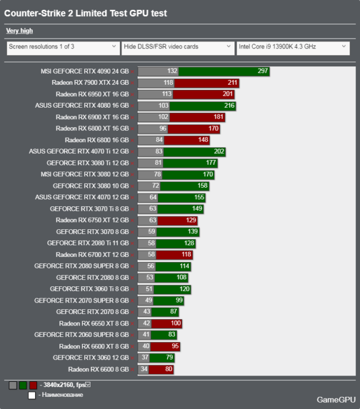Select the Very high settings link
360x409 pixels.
(19, 31)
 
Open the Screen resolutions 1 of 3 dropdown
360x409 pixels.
(62, 47)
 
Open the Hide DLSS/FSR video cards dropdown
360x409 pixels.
(177, 47)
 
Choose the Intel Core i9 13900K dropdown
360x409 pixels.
(293, 47)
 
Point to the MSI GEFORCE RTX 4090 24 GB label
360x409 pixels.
(85, 71)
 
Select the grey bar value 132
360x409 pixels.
(172, 71)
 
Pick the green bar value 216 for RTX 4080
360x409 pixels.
(229, 106)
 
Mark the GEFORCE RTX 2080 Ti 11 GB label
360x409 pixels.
(88, 243)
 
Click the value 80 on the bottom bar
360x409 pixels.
(168, 369)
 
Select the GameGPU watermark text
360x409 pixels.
(334, 399)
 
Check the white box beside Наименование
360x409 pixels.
(33, 395)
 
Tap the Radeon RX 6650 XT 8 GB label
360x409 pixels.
(93, 323)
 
